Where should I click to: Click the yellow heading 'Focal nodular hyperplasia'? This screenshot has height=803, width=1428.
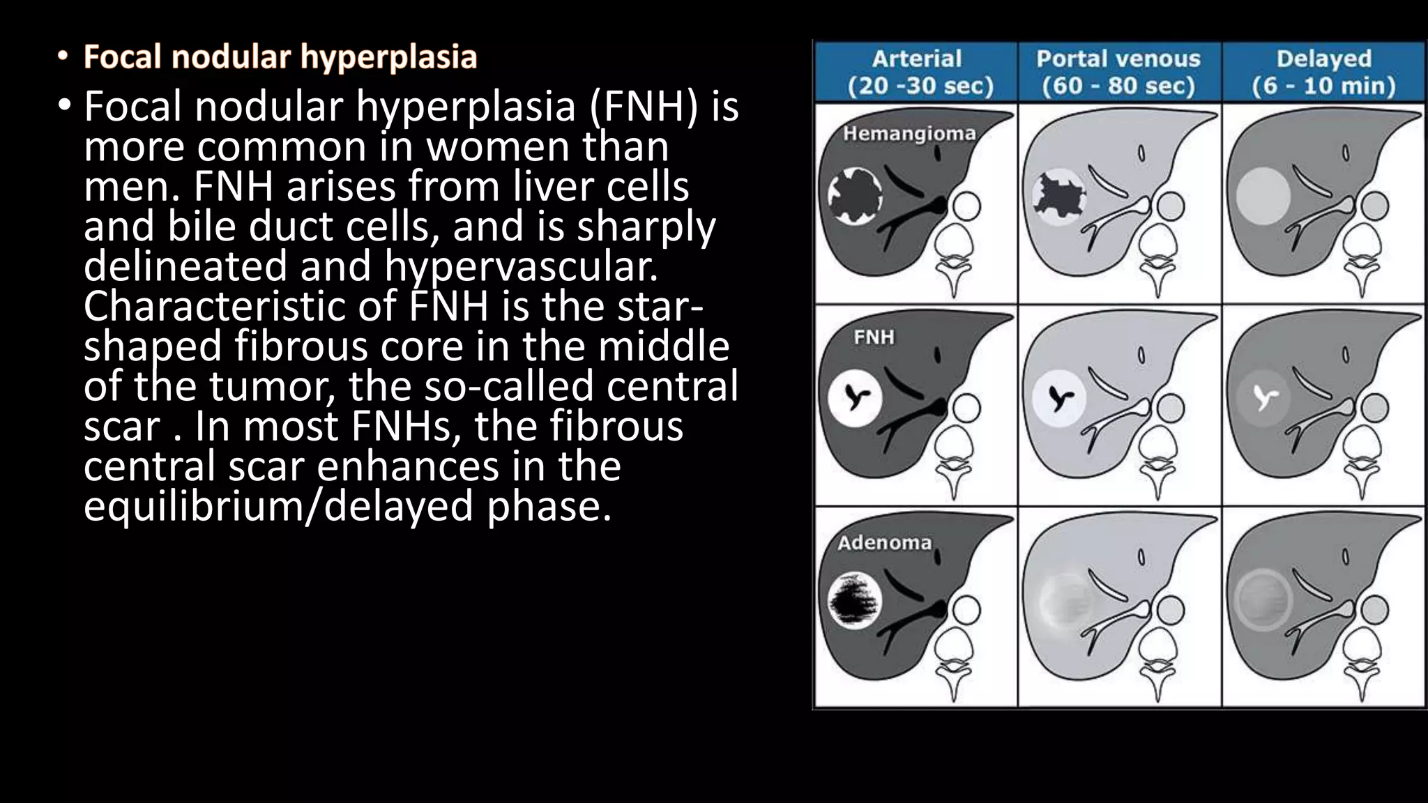tap(280, 57)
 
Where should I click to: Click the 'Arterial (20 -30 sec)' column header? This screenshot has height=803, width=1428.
tap(917, 72)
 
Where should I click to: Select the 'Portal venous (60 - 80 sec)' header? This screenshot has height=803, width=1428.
tap(1118, 72)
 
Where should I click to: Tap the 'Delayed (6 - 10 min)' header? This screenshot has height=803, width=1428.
tap(1323, 72)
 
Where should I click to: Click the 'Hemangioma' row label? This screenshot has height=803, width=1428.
tap(909, 133)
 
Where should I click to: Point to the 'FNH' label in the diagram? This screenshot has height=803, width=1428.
tap(874, 338)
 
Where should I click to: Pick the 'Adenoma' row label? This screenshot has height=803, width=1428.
tap(884, 543)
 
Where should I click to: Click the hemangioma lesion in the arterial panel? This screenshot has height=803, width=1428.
tap(855, 197)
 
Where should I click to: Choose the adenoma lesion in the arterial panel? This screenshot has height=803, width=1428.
tap(855, 600)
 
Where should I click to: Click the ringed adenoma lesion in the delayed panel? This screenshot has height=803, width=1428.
tap(1263, 600)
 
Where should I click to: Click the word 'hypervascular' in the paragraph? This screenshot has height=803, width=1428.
tap(520, 267)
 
